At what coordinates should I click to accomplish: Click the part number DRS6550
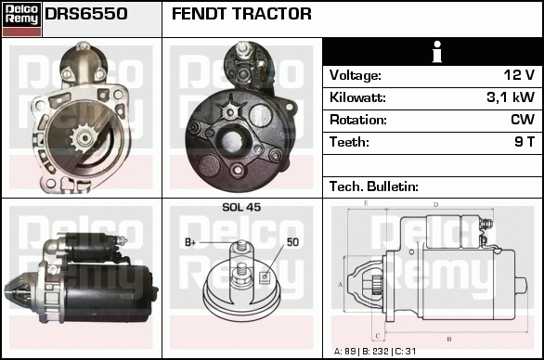pyautogui.click(x=86, y=14)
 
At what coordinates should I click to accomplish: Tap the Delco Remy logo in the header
pyautogui.click(x=21, y=19)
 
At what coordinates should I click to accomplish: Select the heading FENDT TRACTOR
pyautogui.click(x=241, y=14)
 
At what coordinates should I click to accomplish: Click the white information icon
pyautogui.click(x=437, y=52)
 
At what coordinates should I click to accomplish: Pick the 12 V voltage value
pyautogui.click(x=519, y=75)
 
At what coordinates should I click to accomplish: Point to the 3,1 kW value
pyautogui.click(x=511, y=97)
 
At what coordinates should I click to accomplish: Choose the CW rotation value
pyautogui.click(x=523, y=120)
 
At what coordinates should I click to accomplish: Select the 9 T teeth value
pyautogui.click(x=525, y=142)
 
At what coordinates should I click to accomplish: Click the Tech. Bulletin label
pyautogui.click(x=374, y=186)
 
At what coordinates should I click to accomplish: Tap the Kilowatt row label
pyautogui.click(x=357, y=97)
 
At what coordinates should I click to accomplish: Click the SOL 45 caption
pyautogui.click(x=241, y=207)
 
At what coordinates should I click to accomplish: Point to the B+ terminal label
pyautogui.click(x=190, y=242)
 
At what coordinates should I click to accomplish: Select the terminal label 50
pyautogui.click(x=292, y=242)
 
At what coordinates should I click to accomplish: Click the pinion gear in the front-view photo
pyautogui.click(x=83, y=138)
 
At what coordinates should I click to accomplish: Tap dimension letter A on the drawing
pyautogui.click(x=341, y=285)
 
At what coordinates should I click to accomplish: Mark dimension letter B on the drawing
pyautogui.click(x=449, y=340)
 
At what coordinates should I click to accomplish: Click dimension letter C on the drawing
pyautogui.click(x=378, y=336)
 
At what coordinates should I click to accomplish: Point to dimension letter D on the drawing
pyautogui.click(x=435, y=205)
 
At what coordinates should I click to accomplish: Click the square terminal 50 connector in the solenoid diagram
pyautogui.click(x=265, y=276)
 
